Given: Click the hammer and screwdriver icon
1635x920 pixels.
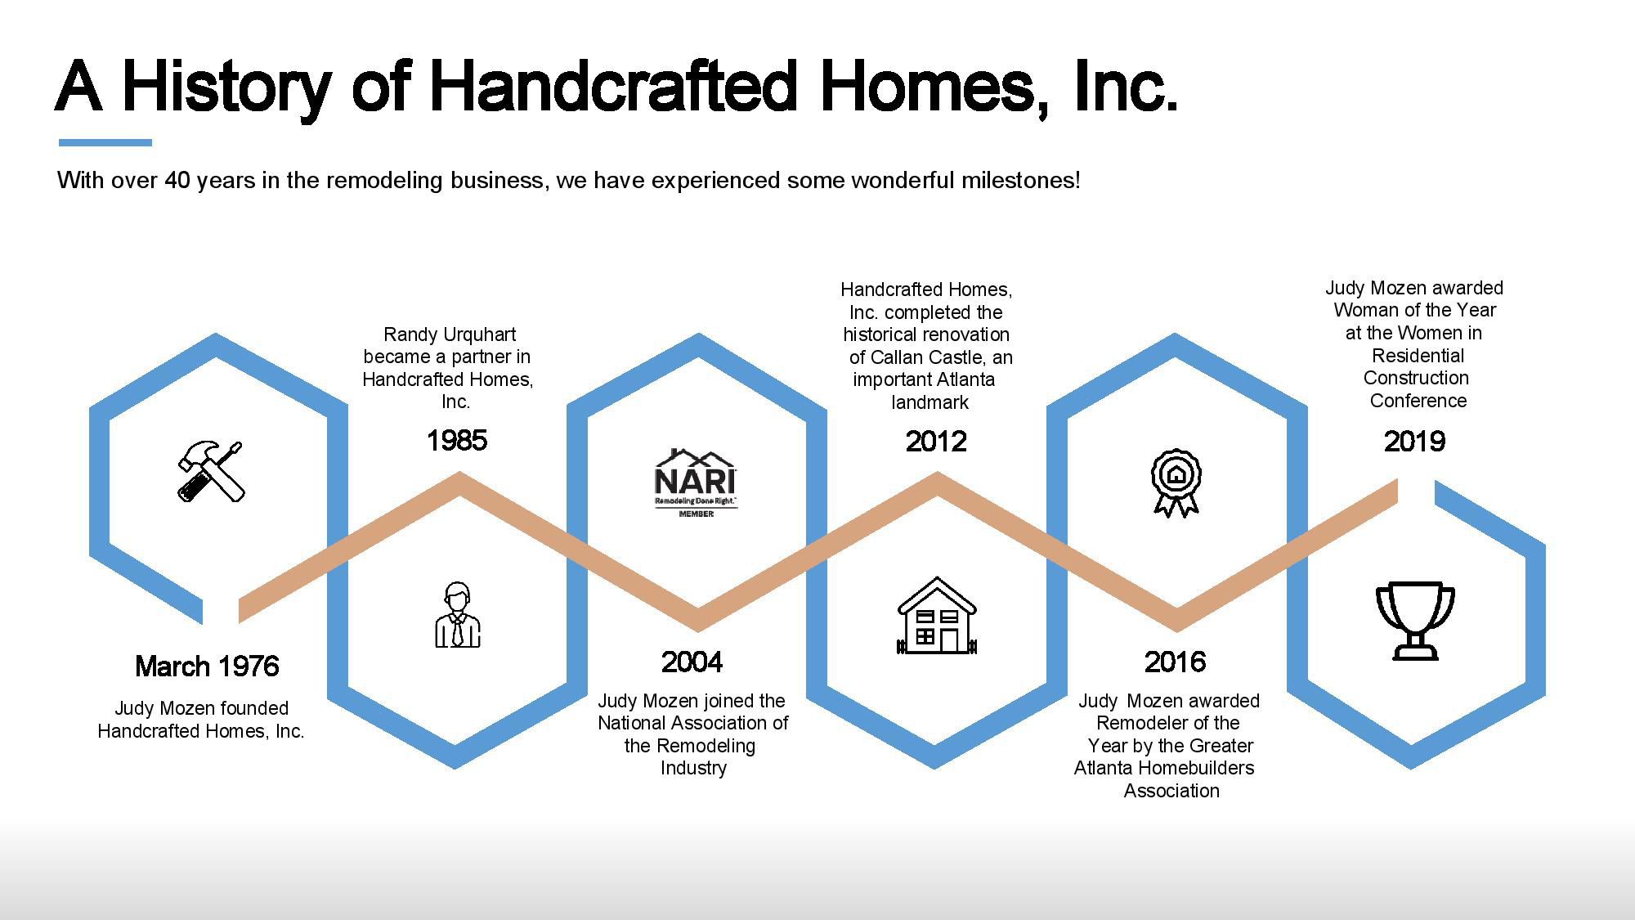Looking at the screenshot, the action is [x=211, y=471].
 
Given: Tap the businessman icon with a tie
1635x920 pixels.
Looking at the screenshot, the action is [x=457, y=615].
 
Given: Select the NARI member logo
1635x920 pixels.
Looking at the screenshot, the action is [x=697, y=482].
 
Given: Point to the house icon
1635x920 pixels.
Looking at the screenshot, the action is [x=937, y=616].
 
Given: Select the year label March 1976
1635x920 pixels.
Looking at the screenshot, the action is [x=207, y=666].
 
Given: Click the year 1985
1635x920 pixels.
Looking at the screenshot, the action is [x=457, y=441].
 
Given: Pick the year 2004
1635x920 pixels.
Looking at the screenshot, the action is [x=692, y=662].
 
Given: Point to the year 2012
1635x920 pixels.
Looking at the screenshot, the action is [x=936, y=442].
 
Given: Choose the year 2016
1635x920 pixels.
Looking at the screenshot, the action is [x=1176, y=662].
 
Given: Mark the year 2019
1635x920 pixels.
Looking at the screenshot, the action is [x=1415, y=442].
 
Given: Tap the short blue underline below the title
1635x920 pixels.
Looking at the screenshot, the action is [x=105, y=143].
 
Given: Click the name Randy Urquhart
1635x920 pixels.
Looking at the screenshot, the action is [x=450, y=334].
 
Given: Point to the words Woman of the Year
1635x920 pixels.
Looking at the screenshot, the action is [x=1415, y=311].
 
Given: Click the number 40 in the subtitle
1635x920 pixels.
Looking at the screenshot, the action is [x=177, y=180].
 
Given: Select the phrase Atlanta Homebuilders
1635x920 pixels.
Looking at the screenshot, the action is [x=1164, y=769].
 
